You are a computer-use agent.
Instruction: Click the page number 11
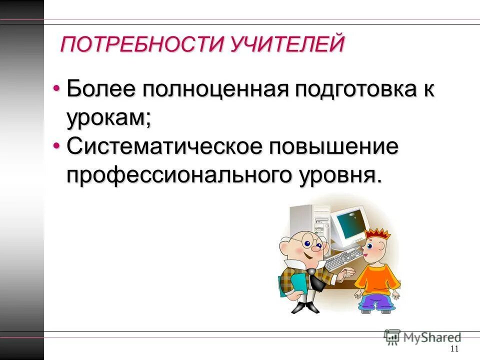point(454,349)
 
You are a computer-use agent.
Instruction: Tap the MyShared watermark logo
point(422,336)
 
